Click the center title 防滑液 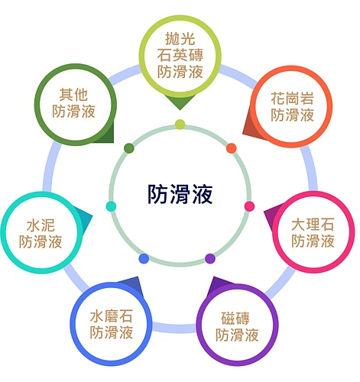[180, 194]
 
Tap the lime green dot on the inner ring [180, 125]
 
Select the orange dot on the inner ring [232, 148]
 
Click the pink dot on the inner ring [249, 206]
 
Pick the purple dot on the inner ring [210, 258]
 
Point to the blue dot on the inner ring [144, 258]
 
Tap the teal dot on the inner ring [111, 206]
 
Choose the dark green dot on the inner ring [129, 148]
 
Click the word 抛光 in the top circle [180, 39]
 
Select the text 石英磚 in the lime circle [180, 55]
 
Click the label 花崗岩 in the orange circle [292, 99]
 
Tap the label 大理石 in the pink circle [313, 225]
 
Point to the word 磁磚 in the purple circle [235, 319]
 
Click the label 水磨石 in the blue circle [112, 316]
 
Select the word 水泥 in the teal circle [41, 225]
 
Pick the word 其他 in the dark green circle [73, 95]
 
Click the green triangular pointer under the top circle [180, 102]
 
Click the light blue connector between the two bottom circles [174, 328]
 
